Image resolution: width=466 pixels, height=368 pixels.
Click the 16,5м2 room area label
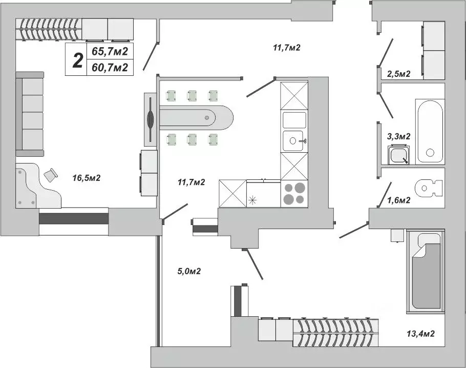[86, 178]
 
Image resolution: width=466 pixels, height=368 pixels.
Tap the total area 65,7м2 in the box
[110, 51]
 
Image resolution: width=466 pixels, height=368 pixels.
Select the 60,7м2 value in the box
[110, 67]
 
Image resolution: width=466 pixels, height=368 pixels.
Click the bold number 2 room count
[77, 60]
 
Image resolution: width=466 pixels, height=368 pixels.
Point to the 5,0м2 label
[189, 271]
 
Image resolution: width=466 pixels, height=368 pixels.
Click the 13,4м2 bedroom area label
[421, 334]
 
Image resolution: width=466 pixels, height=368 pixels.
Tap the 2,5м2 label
[398, 74]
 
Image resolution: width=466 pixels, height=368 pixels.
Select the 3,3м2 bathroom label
[398, 136]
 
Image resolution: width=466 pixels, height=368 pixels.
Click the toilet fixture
[428, 188]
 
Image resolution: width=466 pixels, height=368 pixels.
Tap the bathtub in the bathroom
[429, 131]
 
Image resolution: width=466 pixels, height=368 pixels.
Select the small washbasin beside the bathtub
[398, 154]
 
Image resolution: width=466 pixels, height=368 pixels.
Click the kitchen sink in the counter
[294, 139]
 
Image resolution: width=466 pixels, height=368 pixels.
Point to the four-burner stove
[294, 193]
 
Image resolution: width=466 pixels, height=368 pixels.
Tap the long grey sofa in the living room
[30, 114]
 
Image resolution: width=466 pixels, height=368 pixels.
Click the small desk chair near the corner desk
[51, 175]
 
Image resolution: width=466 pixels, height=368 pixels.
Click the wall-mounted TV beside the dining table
[150, 119]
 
